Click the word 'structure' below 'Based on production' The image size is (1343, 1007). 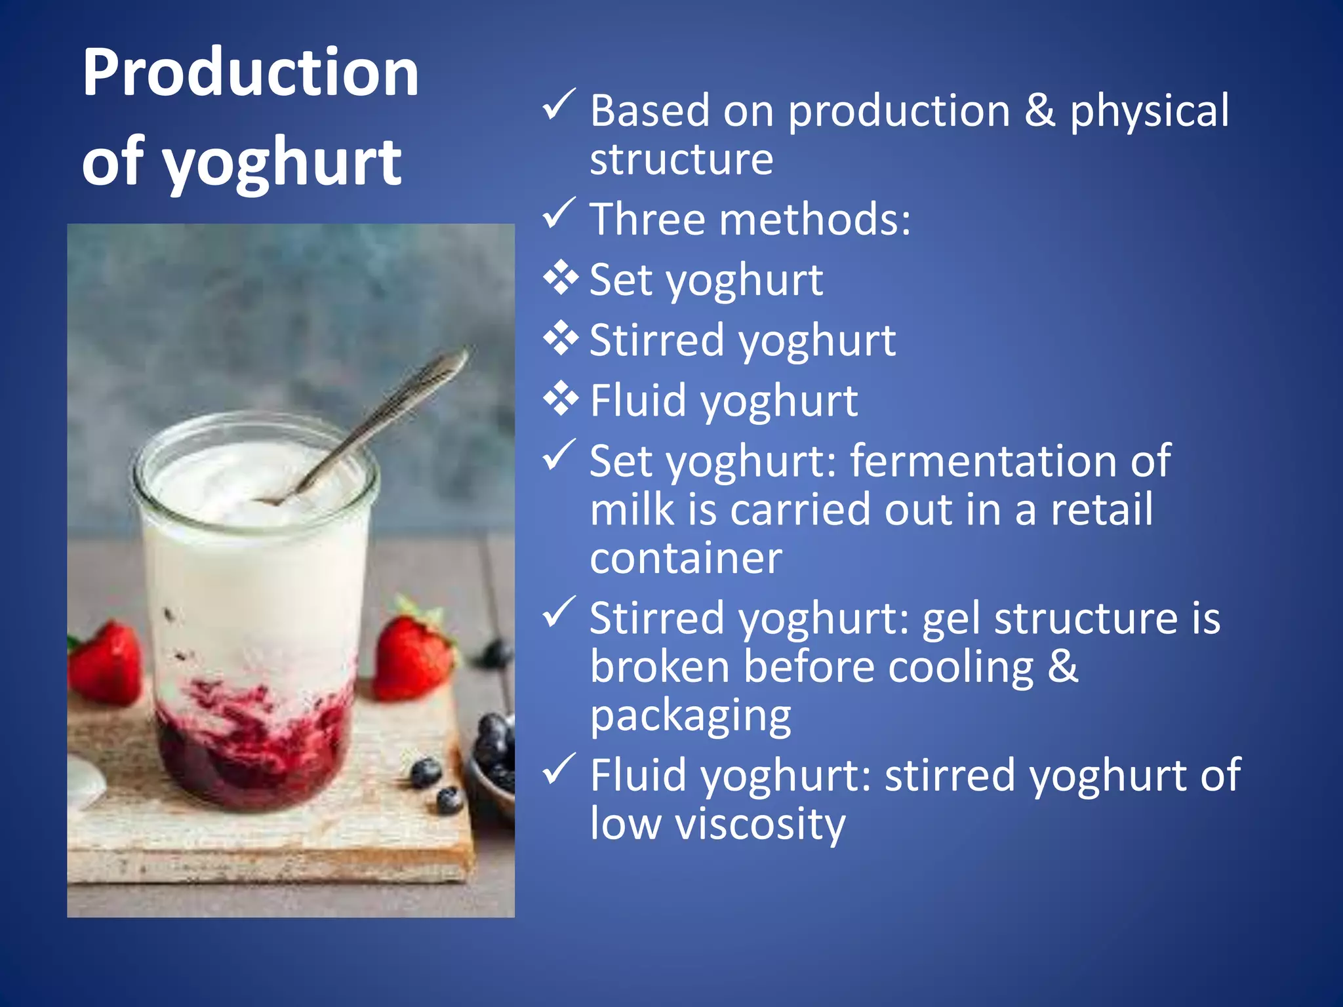681,159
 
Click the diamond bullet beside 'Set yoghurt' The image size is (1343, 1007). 561,278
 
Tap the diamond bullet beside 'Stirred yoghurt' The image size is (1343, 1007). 561,338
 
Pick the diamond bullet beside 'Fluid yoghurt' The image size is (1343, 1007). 561,399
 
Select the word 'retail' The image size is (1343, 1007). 1102,509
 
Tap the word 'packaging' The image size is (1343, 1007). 691,716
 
